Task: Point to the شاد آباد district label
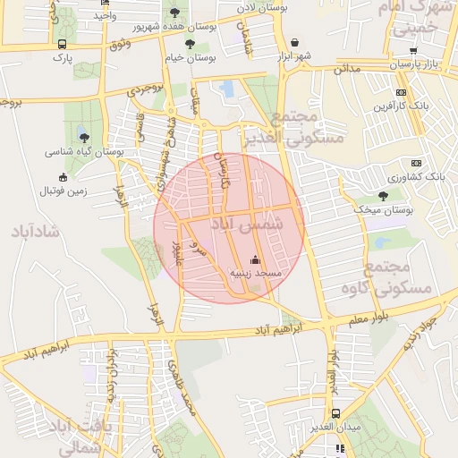tap(34, 232)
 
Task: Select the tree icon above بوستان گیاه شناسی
tap(84, 138)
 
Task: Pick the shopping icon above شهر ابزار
tap(295, 42)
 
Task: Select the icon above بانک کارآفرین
tap(401, 92)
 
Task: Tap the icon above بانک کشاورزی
tap(415, 163)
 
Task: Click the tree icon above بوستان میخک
tap(383, 195)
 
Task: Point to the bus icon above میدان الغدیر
tap(335, 413)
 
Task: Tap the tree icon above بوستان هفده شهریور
tap(174, 13)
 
